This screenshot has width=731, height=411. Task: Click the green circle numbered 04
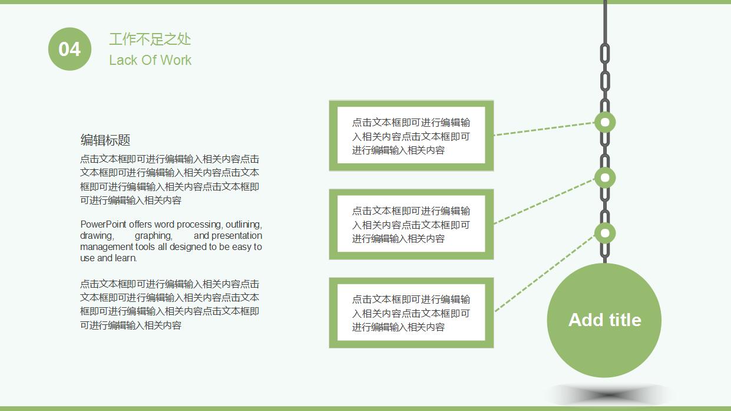[70, 49]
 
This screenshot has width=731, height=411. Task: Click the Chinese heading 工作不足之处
[150, 40]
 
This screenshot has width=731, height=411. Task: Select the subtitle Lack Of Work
[150, 60]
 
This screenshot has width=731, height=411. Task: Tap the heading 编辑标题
[105, 140]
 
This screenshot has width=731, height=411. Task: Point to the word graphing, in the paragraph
[153, 235]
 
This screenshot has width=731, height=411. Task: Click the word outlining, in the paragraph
[243, 224]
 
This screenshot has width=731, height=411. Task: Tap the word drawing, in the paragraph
[97, 235]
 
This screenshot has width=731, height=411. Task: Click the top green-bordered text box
[411, 136]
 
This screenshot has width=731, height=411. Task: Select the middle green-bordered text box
[411, 224]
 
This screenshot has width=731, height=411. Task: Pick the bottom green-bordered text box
[411, 313]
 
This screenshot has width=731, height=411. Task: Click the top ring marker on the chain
[604, 123]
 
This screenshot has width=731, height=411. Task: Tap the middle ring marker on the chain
[604, 177]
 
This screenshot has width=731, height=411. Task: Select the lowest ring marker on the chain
[604, 233]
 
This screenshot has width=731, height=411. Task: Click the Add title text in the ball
[604, 320]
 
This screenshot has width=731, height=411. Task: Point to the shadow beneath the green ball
[610, 394]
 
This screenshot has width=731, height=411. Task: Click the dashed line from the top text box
[545, 129]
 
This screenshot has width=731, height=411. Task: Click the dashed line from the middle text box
[545, 201]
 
